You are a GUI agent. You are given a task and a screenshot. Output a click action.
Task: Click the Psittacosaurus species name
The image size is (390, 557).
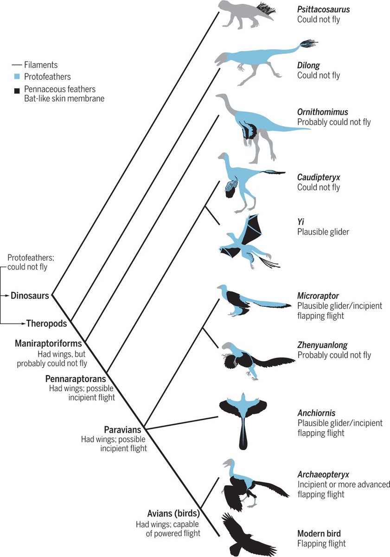(323, 9)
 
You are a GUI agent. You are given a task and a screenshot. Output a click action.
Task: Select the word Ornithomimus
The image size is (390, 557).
(322, 112)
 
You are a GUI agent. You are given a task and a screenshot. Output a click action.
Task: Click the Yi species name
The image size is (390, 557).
(300, 221)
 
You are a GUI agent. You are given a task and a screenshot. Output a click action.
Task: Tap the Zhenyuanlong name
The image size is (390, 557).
(322, 345)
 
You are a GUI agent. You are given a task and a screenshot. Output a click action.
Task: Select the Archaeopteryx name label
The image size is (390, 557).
(323, 474)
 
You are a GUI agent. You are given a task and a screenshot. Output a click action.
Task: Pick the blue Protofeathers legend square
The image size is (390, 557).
(17, 77)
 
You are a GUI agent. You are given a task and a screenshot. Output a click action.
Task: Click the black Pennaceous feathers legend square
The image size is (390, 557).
(17, 89)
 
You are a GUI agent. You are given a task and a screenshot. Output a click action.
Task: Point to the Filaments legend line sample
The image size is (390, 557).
(17, 65)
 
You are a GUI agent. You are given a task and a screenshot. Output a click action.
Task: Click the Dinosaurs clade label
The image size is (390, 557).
(30, 295)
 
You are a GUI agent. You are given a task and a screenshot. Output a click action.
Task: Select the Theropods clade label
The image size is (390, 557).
(47, 323)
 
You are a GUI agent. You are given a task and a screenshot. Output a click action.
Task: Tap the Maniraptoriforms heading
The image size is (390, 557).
(48, 344)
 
